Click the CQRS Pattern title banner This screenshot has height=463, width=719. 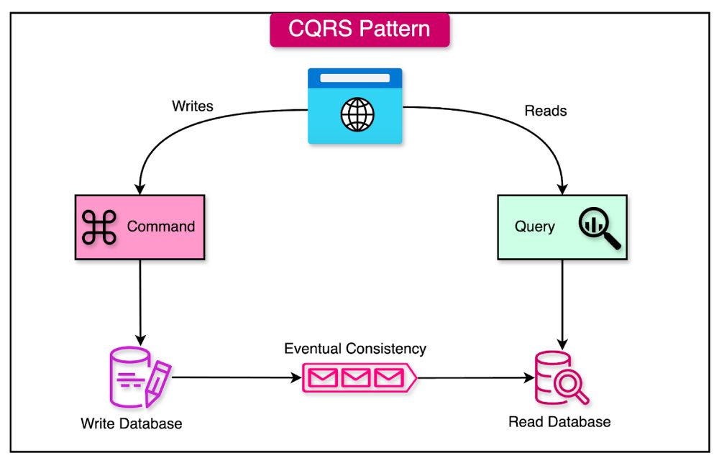tap(359, 29)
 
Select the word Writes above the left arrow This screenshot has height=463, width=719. tap(193, 106)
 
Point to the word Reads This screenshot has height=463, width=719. tap(546, 111)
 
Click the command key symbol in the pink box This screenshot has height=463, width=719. tap(99, 226)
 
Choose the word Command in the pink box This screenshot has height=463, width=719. tap(161, 226)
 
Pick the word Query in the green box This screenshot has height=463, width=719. tap(534, 226)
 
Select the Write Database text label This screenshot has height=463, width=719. tap(132, 423)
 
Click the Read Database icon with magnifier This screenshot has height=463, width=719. tap(559, 378)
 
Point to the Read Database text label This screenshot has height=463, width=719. tap(559, 422)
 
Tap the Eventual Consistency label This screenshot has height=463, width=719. tap(355, 349)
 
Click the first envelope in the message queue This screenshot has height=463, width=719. tap(323, 377)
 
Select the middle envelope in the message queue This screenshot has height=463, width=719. tap(355, 377)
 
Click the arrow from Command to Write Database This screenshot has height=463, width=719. tap(139, 302)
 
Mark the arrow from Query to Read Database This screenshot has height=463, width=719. tap(561, 302)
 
